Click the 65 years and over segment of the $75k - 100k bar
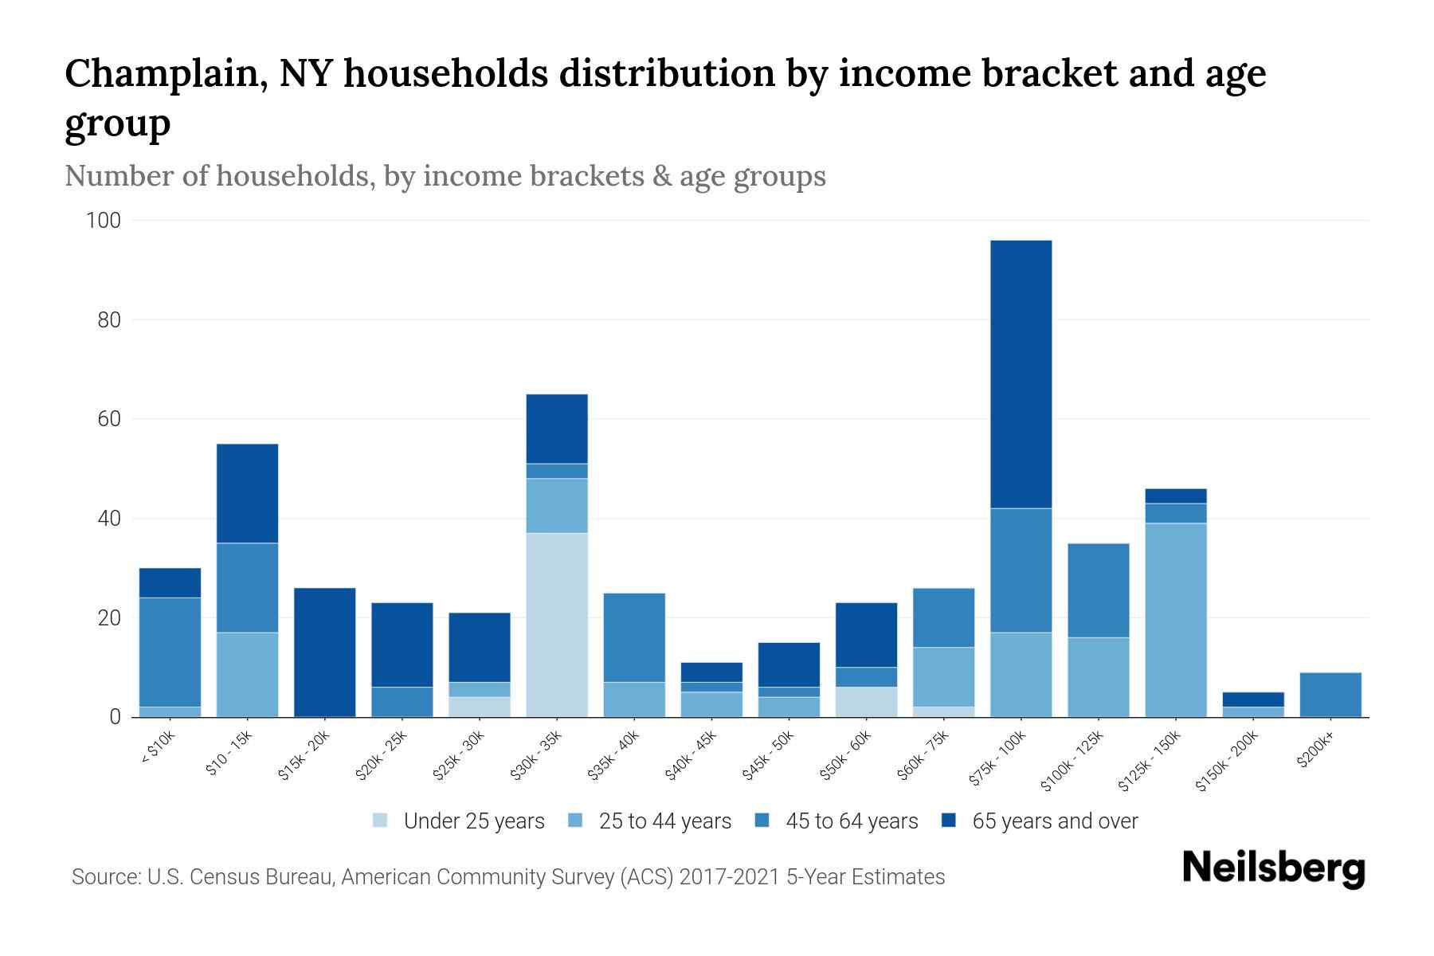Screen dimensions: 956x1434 [x=1021, y=374]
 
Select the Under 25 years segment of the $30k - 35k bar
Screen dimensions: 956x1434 [x=557, y=625]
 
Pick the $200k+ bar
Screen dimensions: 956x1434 [x=1330, y=695]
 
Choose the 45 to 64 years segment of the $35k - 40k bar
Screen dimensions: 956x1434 [x=634, y=637]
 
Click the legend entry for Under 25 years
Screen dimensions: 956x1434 [x=474, y=821]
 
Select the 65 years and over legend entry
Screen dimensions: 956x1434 [x=1055, y=821]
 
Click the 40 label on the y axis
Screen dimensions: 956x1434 [x=108, y=519]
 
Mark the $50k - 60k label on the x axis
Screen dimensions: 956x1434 [x=846, y=755]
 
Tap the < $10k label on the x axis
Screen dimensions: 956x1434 [x=158, y=748]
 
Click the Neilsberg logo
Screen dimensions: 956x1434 [x=1273, y=868]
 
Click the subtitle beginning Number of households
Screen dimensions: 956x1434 [x=445, y=176]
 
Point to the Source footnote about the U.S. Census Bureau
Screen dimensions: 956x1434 [x=508, y=877]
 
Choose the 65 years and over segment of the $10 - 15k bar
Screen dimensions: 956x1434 [x=247, y=493]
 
